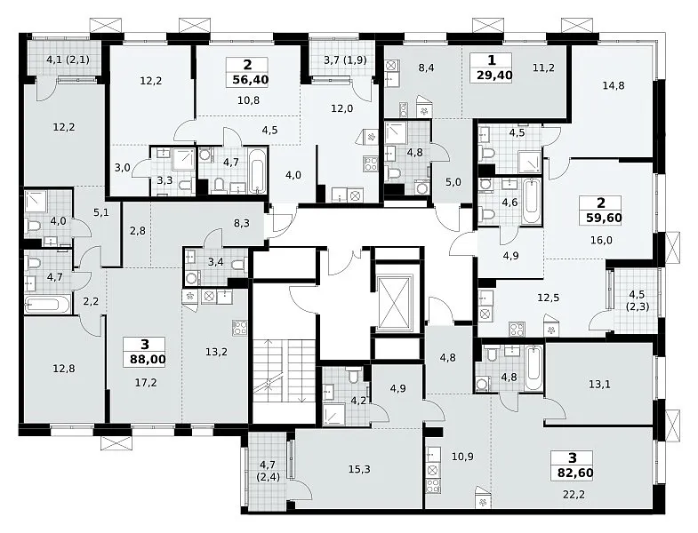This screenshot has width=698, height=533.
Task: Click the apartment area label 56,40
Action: pos(250,80)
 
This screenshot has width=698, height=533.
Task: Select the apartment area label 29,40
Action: pos(494,75)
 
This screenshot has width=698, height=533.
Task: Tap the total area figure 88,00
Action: pos(148,359)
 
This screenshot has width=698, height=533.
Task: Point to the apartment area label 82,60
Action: pos(575,473)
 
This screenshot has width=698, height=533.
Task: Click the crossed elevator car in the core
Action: pos(395,304)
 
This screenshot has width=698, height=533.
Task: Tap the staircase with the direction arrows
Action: pos(284,370)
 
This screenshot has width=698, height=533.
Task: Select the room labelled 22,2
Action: pos(574,494)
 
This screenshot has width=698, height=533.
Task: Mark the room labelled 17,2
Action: pos(146,382)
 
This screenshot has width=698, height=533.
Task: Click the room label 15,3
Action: pos(359,469)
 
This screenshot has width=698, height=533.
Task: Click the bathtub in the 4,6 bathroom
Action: pos(532,202)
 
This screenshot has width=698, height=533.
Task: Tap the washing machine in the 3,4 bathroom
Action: pos(192,279)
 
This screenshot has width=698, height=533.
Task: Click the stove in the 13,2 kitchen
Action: pos(239,328)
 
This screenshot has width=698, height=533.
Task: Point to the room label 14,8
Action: pos(614,85)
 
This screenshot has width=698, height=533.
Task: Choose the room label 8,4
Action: pos(426,68)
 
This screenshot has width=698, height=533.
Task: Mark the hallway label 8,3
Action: pos(242,223)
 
